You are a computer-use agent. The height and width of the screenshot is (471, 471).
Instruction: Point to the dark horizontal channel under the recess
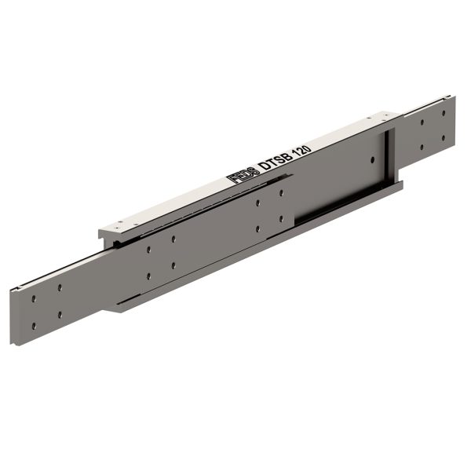[x=330, y=207]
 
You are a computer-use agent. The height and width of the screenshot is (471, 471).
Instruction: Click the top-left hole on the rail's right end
[x=422, y=122]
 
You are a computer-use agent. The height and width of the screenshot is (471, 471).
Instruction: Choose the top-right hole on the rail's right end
[x=443, y=113]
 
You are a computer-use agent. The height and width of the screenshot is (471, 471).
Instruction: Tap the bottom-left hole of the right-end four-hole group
[x=422, y=147]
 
